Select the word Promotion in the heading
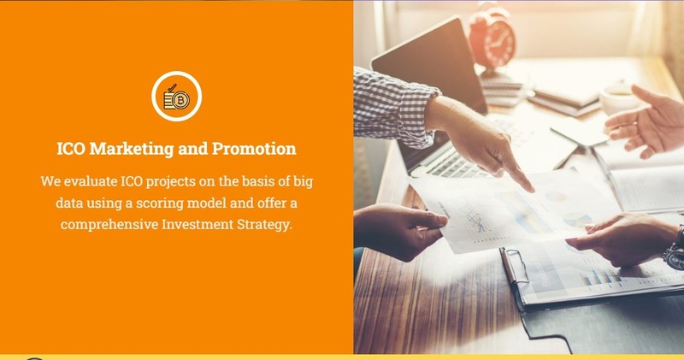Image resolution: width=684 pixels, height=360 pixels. coord(254,149)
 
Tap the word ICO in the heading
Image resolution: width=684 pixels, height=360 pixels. coord(71,149)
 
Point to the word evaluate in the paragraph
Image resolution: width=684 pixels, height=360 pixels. coord(91,181)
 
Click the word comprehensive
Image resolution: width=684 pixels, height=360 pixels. coord(109,225)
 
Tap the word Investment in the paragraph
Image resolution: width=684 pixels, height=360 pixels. coord(198,224)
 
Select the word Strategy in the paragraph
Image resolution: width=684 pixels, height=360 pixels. coord(264,225)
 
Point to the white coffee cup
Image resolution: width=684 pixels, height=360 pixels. coord(619,97)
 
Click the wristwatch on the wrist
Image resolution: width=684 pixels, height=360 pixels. coord(676,250)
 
